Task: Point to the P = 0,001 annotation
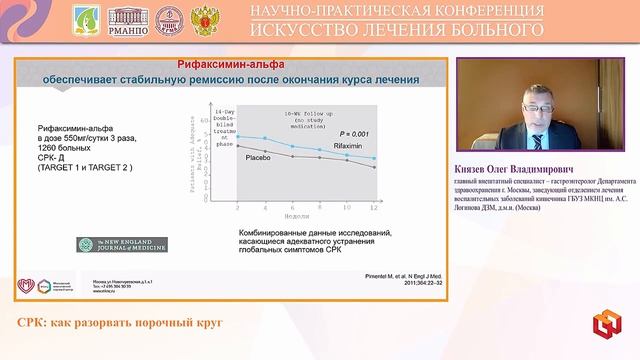click(353, 133)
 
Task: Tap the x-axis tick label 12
click(374, 207)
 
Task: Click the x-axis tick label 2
click(237, 207)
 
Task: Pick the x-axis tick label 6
click(291, 207)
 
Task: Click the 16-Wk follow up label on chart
click(303, 118)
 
